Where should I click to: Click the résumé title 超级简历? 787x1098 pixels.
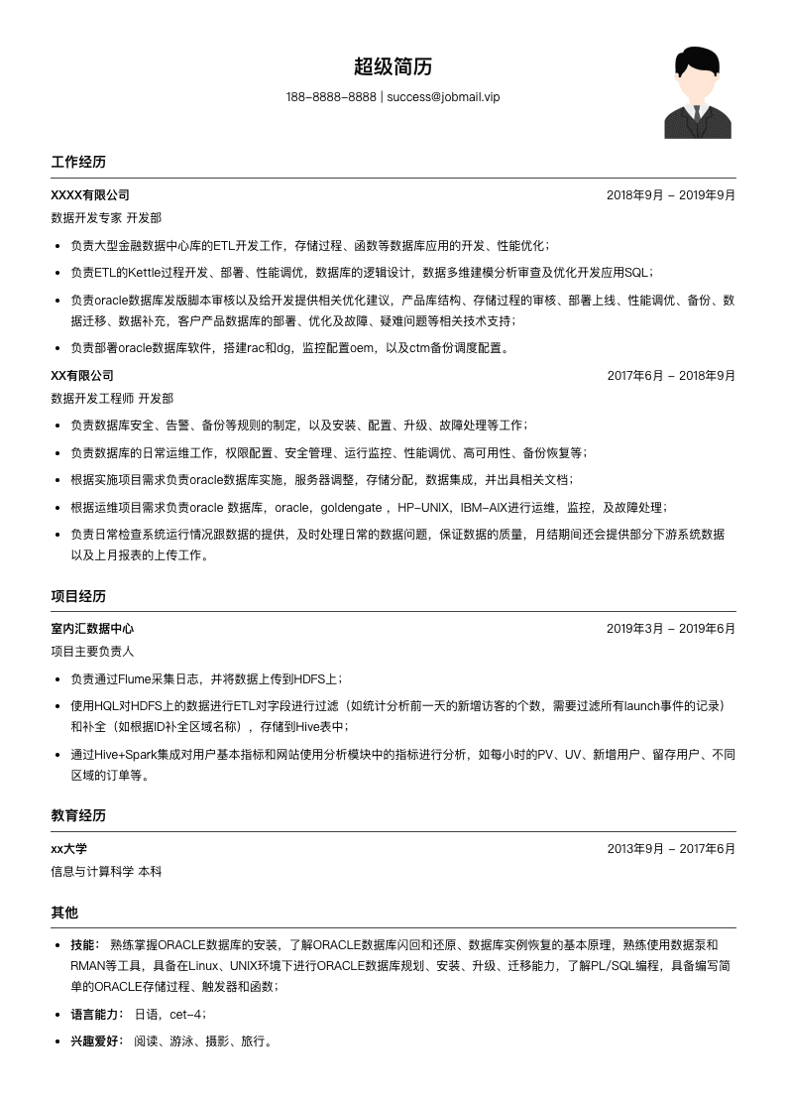[x=393, y=67]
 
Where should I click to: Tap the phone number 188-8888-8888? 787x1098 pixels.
[x=331, y=97]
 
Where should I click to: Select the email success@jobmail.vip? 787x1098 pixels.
[x=443, y=97]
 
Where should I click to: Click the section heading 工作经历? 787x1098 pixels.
[x=78, y=162]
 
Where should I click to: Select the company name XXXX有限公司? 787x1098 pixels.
[x=90, y=195]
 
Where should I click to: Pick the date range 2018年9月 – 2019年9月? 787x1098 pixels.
[x=671, y=195]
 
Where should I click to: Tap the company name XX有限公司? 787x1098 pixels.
[x=82, y=376]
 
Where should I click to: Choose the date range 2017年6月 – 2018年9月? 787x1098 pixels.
[x=671, y=376]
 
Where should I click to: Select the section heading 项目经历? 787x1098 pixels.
[x=78, y=596]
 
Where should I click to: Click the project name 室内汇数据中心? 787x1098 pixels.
[x=92, y=629]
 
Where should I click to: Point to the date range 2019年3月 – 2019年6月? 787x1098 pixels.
[x=671, y=629]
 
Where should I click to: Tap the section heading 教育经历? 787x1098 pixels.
[x=78, y=815]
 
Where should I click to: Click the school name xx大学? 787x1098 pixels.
[x=69, y=849]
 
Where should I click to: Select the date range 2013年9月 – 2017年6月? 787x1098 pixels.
[x=671, y=849]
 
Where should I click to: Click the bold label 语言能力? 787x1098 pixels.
[x=96, y=1015]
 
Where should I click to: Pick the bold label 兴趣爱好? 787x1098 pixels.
[x=96, y=1041]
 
